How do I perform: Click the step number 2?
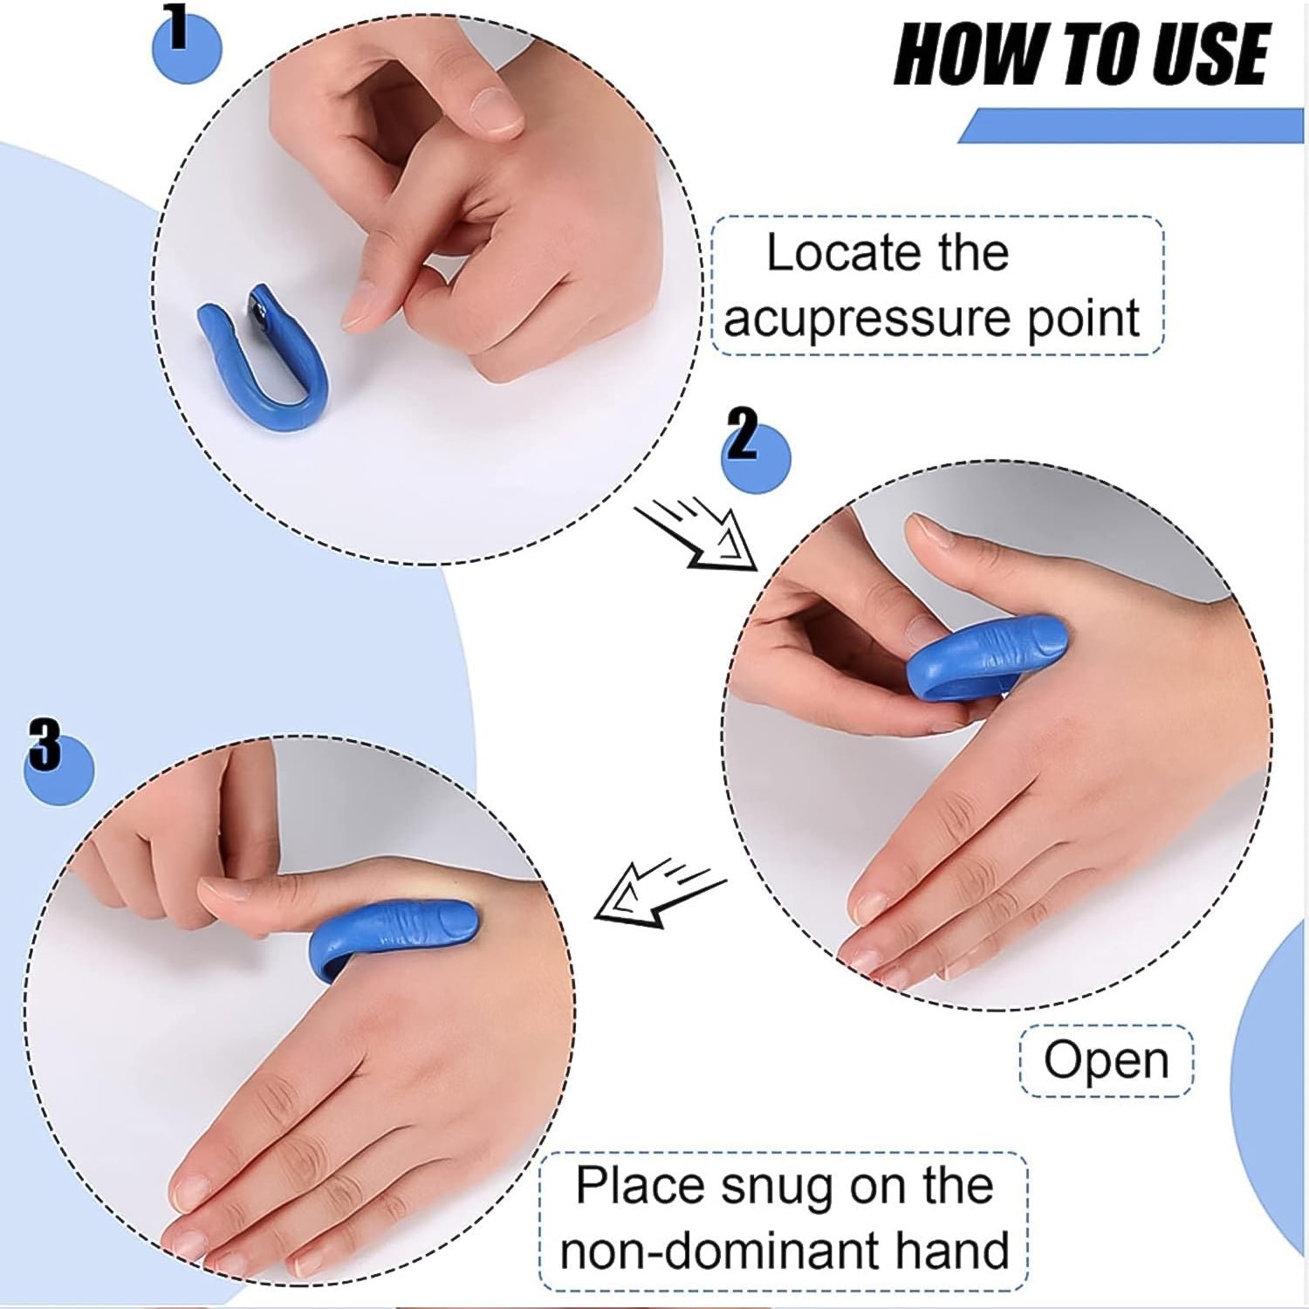point(743,435)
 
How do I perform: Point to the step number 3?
point(45,744)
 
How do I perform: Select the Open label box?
point(1106,1060)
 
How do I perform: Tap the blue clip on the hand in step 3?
point(393,938)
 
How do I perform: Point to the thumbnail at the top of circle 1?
point(494,111)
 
